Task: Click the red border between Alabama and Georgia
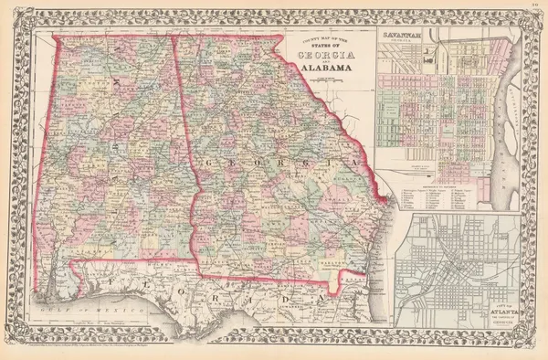(x=183, y=137)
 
